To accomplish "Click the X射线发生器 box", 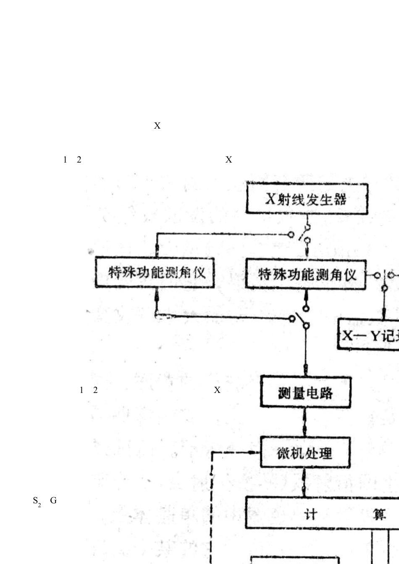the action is (x=307, y=199).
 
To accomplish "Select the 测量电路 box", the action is (x=305, y=393).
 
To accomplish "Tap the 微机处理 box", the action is (x=305, y=453).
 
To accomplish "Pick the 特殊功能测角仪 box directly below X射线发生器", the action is (x=306, y=275).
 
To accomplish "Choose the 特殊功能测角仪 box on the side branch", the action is (x=155, y=273).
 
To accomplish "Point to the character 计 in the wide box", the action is (x=310, y=514).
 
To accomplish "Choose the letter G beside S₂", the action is (x=53, y=500).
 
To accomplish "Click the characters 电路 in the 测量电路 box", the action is (x=320, y=393).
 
